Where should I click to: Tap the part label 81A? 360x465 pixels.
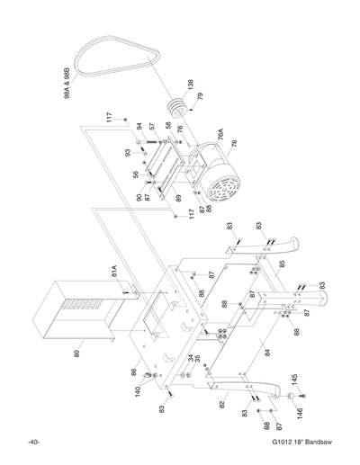tap(115, 271)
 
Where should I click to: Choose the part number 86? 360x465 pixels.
tap(132, 371)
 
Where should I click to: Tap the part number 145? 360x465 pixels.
tap(293, 380)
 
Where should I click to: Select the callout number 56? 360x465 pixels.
tap(137, 175)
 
